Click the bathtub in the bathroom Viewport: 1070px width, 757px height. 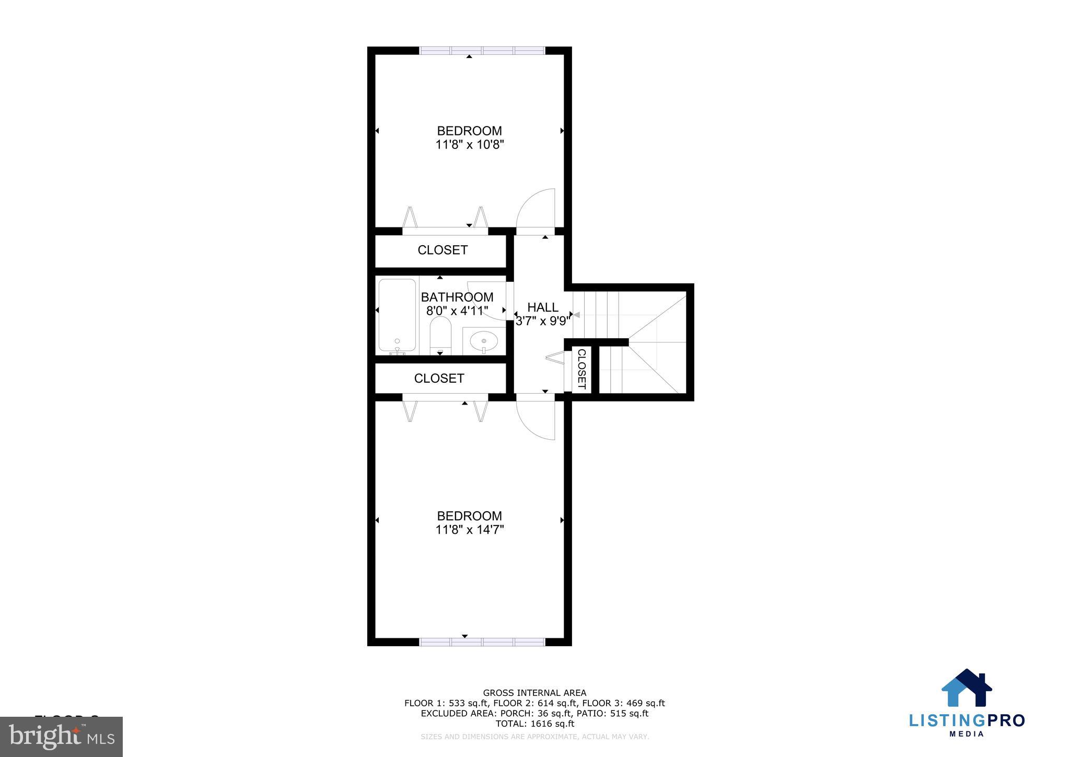coord(397,315)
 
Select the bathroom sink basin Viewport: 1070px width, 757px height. coord(484,341)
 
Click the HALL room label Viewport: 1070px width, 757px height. coord(542,307)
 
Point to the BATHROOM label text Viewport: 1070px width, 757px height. coord(457,297)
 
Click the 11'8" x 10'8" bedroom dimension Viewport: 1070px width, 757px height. coord(469,145)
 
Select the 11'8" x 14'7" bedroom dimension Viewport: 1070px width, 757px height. coord(469,530)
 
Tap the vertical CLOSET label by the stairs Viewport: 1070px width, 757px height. coord(581,369)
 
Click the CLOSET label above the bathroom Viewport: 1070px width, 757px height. coord(443,250)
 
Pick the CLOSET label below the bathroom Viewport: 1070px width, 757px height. coord(439,378)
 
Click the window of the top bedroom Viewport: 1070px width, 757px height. coord(482,51)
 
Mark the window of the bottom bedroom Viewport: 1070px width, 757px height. coord(482,642)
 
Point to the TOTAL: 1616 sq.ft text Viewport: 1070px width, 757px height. coord(534,724)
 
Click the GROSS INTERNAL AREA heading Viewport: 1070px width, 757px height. coord(534,693)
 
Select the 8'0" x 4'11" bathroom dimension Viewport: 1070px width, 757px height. coord(457,311)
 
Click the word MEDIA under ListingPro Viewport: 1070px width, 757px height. coord(967,734)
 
